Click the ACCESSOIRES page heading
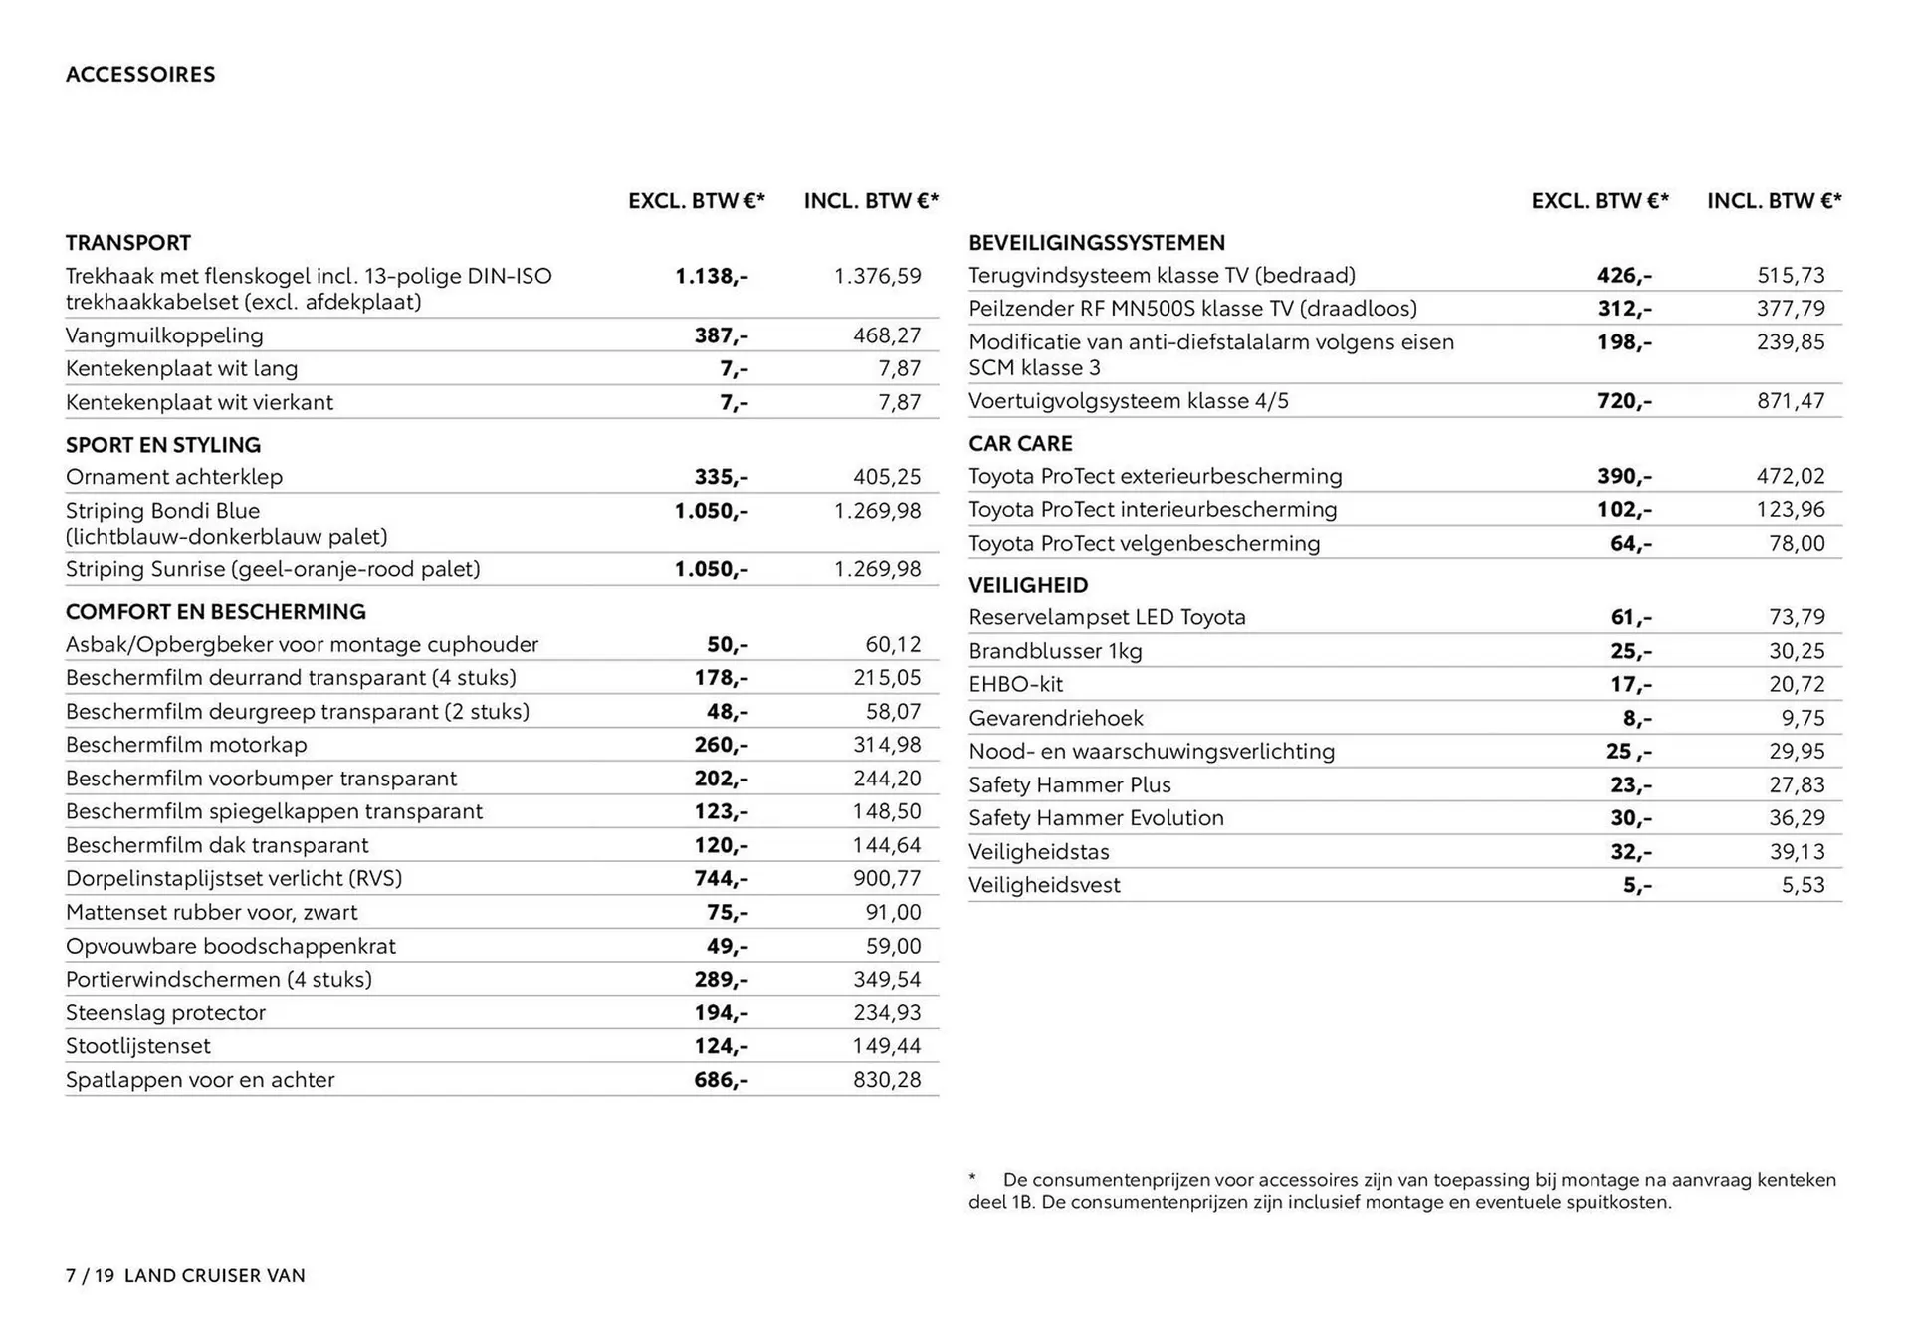pyautogui.click(x=140, y=75)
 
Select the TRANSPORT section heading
pyautogui.click(x=128, y=243)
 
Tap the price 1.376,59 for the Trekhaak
pyautogui.click(x=877, y=276)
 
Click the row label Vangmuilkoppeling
pyautogui.click(x=164, y=335)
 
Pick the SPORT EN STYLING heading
pyautogui.click(x=163, y=445)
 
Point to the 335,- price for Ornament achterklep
pyautogui.click(x=721, y=477)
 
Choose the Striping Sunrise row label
pyautogui.click(x=273, y=569)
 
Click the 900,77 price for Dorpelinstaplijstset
pyautogui.click(x=887, y=878)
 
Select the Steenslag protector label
pyautogui.click(x=165, y=1012)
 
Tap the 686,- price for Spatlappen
pyautogui.click(x=721, y=1079)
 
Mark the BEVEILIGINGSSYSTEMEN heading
pyautogui.click(x=1097, y=243)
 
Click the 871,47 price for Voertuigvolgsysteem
pyautogui.click(x=1791, y=401)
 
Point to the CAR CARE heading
pyautogui.click(x=1020, y=444)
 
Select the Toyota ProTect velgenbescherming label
pyautogui.click(x=1144, y=543)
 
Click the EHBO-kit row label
pyautogui.click(x=1015, y=684)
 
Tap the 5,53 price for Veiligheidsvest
pyautogui.click(x=1803, y=885)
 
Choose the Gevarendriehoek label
pyautogui.click(x=1055, y=718)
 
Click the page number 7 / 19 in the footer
pyautogui.click(x=91, y=1276)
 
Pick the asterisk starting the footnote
pyautogui.click(x=972, y=1179)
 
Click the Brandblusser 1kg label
pyautogui.click(x=1055, y=651)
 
